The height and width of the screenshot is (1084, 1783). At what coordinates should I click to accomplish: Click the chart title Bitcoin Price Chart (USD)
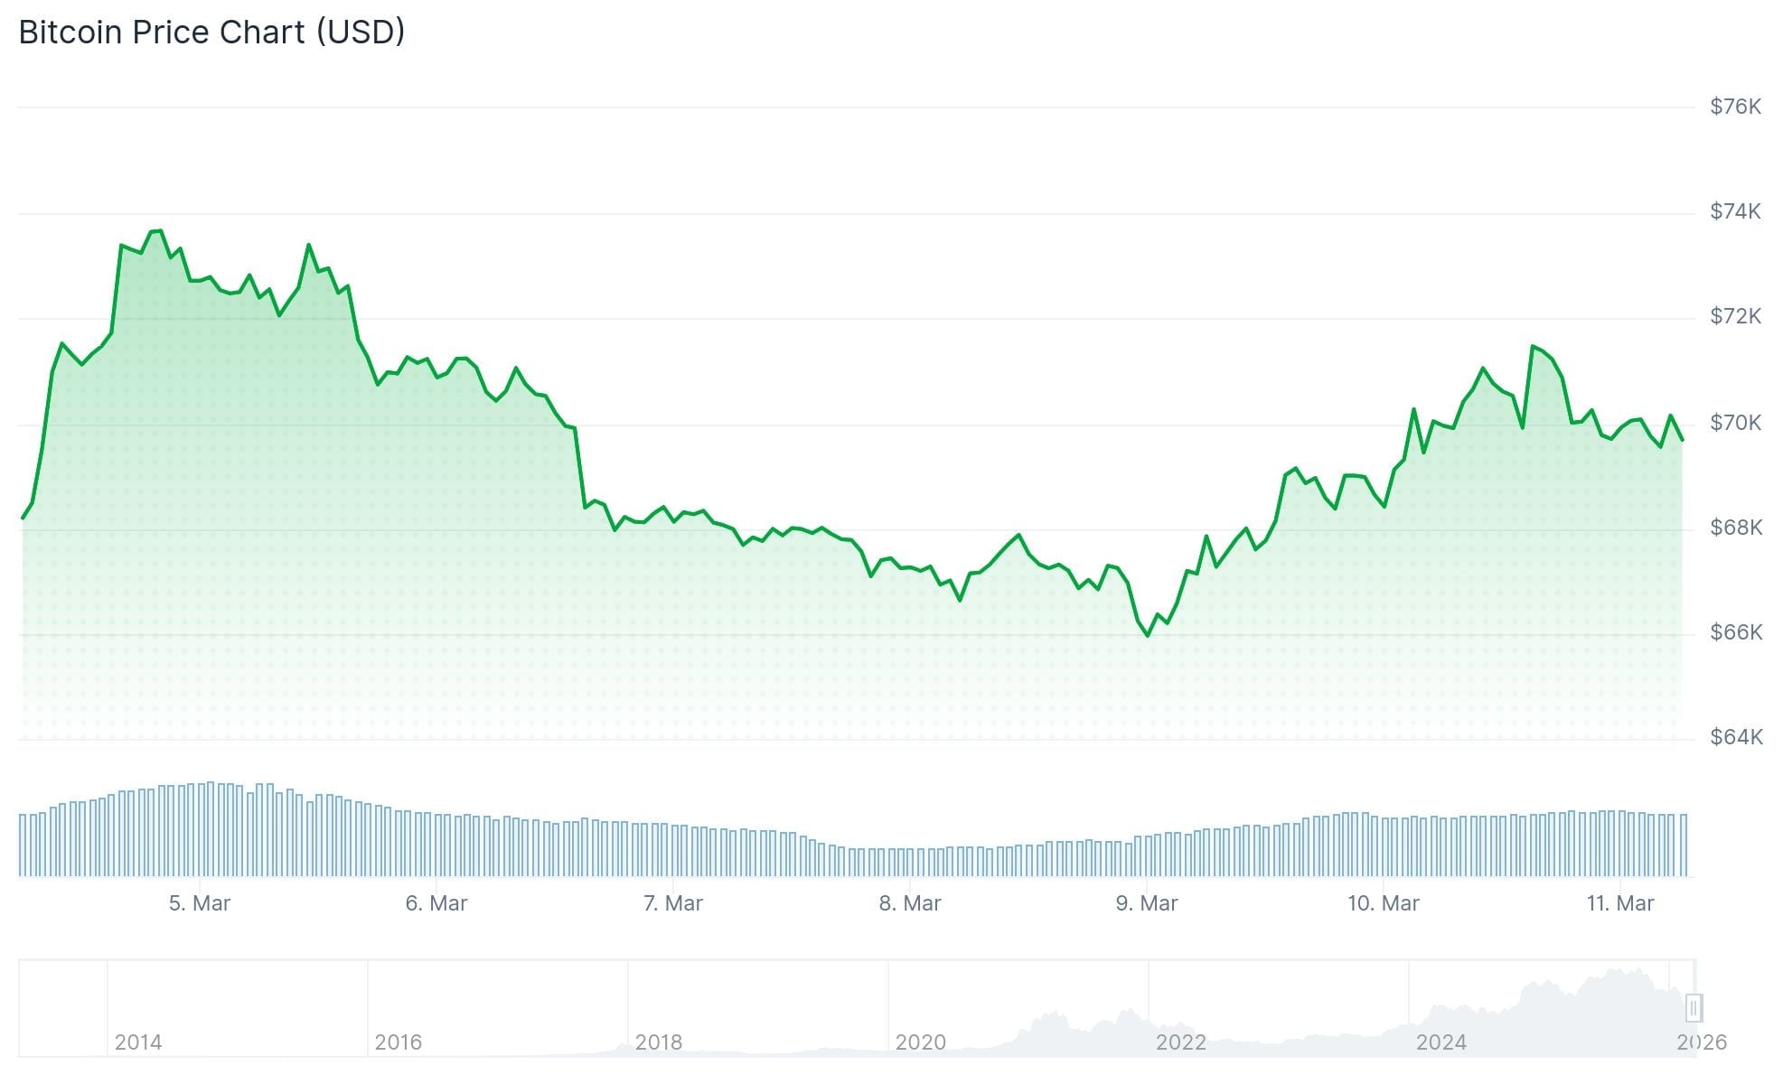coord(211,33)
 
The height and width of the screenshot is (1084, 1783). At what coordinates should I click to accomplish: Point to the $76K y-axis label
coord(1735,107)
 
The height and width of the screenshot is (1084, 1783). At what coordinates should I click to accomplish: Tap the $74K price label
coord(1735,211)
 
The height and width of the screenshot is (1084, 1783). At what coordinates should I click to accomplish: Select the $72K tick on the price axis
coord(1735,316)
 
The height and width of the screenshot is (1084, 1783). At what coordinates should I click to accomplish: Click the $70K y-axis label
coord(1735,422)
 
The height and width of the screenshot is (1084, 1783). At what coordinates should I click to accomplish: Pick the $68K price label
coord(1735,527)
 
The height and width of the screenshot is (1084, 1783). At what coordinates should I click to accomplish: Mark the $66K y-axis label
coord(1735,632)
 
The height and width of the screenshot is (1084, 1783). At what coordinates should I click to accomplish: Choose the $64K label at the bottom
coord(1735,737)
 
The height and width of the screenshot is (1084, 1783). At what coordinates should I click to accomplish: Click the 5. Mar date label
coord(200,903)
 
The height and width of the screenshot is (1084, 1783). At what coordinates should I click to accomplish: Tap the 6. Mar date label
coord(436,903)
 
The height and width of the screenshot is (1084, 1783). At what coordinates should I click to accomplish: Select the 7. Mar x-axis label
coord(673,903)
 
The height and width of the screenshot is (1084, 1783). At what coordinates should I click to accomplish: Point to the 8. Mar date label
coord(910,903)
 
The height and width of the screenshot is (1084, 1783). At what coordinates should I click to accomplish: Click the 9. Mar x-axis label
coord(1147,903)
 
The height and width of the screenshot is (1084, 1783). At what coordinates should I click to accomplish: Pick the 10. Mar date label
coord(1384,903)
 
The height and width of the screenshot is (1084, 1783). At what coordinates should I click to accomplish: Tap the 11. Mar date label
coord(1620,903)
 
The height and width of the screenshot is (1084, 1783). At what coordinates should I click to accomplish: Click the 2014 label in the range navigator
coord(138,1042)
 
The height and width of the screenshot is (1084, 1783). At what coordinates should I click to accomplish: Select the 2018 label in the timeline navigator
coord(659,1042)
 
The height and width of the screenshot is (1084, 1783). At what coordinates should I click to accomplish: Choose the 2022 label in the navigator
coord(1181,1042)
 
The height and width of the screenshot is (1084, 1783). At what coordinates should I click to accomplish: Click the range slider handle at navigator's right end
coord(1694,1007)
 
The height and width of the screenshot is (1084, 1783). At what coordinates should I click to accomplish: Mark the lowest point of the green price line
coord(1148,636)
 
